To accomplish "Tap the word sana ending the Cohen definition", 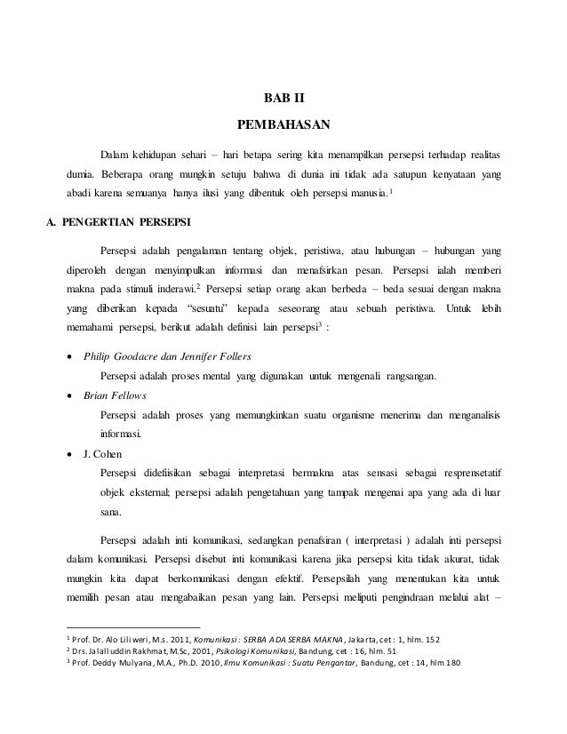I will point(111,513).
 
